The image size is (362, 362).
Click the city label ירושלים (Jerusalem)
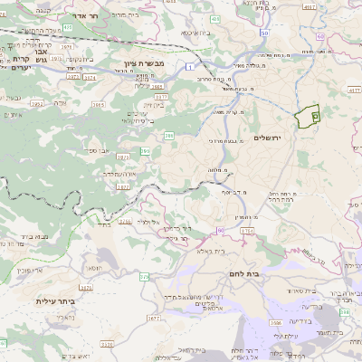(269, 137)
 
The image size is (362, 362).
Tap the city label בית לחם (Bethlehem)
(265, 272)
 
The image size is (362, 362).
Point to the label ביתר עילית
(53, 300)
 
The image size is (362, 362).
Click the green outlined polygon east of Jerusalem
(309, 116)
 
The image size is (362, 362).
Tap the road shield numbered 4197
(310, 8)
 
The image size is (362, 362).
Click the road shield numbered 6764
(247, 232)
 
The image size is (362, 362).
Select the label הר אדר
(83, 16)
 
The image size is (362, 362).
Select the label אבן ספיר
(99, 150)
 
